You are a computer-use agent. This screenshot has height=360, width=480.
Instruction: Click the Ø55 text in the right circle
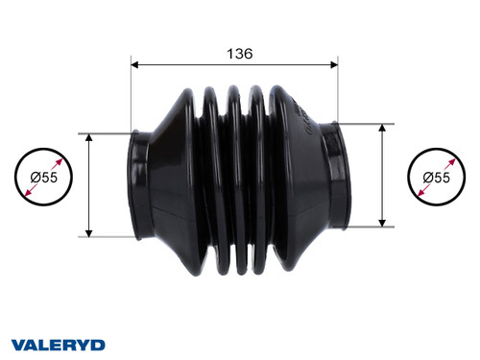click(443, 178)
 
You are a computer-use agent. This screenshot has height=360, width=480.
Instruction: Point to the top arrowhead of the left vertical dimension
click(89, 139)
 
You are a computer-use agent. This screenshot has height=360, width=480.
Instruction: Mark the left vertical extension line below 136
click(130, 96)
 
